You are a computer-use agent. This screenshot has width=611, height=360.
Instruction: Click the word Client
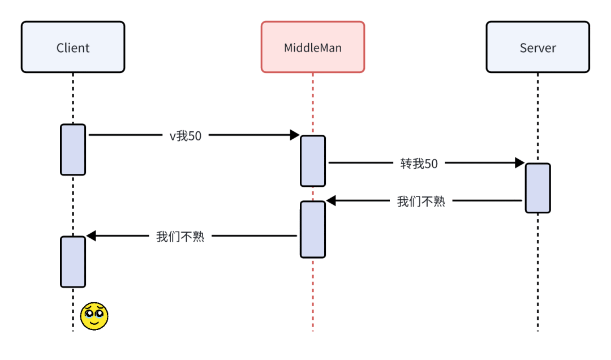pos(73,48)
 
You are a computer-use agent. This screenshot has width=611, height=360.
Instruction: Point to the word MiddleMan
pos(312,48)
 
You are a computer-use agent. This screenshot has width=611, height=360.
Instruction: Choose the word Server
pos(537,48)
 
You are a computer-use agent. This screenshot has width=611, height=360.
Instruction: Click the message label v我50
pos(186,135)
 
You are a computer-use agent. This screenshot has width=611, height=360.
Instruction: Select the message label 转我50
pos(419,164)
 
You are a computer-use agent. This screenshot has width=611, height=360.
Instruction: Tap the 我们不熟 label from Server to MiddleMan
pos(421,201)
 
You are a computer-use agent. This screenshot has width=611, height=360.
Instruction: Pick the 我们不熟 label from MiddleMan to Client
pos(180,237)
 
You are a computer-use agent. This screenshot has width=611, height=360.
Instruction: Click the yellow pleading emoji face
pos(94,316)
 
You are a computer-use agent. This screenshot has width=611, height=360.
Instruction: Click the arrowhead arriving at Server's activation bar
pos(519,163)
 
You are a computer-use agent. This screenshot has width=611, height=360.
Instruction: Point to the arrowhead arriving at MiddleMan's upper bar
pos(294,135)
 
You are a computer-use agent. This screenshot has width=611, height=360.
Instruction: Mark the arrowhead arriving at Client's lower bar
pos(91,236)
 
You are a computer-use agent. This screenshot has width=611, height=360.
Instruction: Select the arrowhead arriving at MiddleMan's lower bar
pos(332,200)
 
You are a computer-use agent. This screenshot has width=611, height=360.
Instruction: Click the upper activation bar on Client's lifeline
pos(73,149)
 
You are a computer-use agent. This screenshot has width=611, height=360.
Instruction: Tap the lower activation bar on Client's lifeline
pos(73,262)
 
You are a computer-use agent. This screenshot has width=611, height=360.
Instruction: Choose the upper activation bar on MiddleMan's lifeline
pos(313,161)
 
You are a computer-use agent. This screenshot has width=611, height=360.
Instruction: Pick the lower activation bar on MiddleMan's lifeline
pos(313,229)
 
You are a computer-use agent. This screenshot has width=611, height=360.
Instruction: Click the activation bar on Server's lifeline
pos(537,188)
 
